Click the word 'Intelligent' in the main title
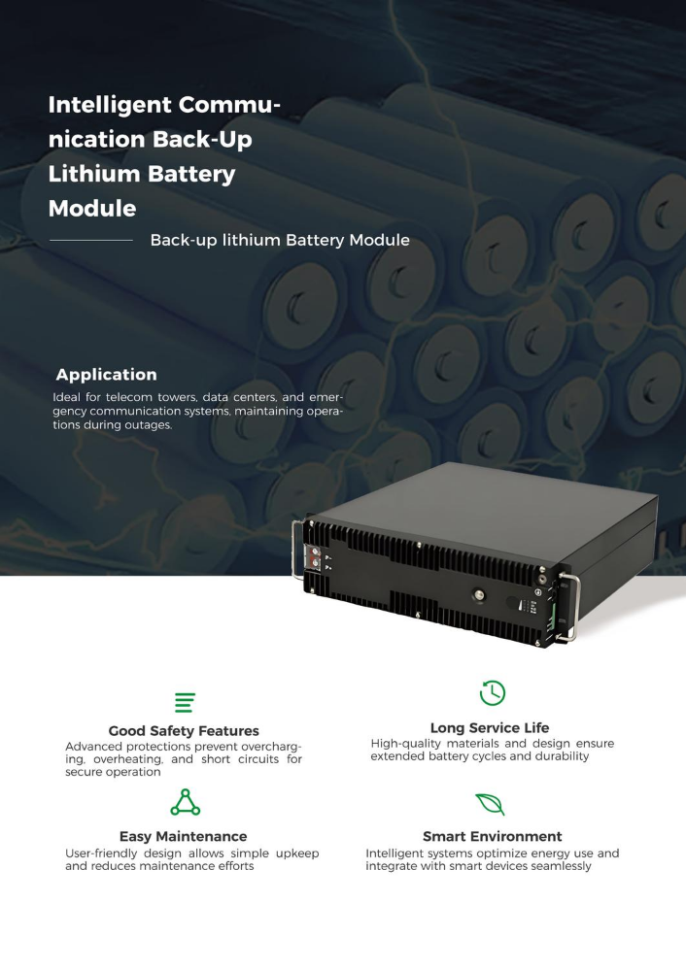click(109, 105)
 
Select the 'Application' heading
click(107, 374)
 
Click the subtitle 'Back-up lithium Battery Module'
click(280, 240)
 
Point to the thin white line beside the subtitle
click(91, 240)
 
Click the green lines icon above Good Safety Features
click(186, 703)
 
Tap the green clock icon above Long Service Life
click(493, 692)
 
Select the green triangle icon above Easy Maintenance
click(186, 802)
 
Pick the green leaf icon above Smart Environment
click(491, 804)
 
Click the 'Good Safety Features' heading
click(184, 730)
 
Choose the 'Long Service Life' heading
click(490, 727)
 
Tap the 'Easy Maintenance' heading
click(184, 836)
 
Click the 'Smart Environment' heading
click(493, 836)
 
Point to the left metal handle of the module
click(296, 550)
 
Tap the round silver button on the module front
click(479, 596)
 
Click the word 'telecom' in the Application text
click(129, 397)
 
